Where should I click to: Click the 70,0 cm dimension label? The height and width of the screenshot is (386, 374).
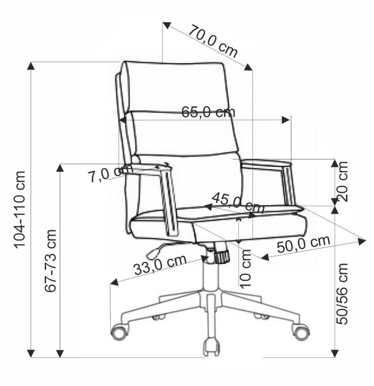(x=213, y=41)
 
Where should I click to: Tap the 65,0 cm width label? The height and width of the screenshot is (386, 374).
(x=208, y=112)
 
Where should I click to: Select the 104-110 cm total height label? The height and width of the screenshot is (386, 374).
(x=20, y=209)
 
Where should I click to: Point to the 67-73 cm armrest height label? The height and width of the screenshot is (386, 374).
(x=51, y=260)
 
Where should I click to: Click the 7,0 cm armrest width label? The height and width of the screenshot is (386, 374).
(x=111, y=173)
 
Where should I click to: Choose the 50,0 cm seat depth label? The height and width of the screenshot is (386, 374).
(x=304, y=244)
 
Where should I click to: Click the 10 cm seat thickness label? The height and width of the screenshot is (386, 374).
(x=245, y=269)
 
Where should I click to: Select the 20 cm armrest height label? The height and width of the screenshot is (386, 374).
(x=343, y=182)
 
